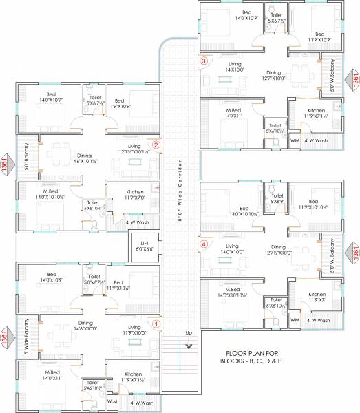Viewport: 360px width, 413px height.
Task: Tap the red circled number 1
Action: point(156,322)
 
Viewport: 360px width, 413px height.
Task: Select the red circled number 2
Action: point(156,145)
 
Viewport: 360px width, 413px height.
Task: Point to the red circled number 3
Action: point(203,61)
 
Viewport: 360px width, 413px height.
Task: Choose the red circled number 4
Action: point(203,243)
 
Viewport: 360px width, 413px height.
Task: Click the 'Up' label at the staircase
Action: point(188,334)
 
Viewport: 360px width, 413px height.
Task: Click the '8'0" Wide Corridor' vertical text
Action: point(180,186)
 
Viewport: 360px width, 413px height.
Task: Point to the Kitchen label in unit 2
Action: point(135,192)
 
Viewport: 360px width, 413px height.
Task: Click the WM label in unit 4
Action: point(295,321)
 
